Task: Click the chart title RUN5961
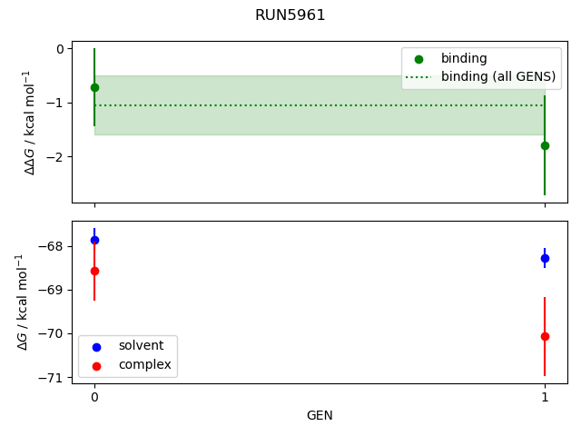(290, 15)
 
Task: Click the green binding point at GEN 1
(545, 145)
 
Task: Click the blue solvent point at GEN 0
(94, 240)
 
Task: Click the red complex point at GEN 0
(94, 271)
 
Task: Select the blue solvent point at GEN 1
(545, 258)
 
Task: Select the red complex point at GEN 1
(545, 336)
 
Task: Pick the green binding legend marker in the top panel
(419, 58)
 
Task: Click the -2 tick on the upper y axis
(64, 157)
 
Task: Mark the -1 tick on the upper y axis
(64, 103)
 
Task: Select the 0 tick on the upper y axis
(66, 49)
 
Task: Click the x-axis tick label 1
(545, 397)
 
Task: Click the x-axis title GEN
(320, 415)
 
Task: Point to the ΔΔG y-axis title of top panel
(30, 122)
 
